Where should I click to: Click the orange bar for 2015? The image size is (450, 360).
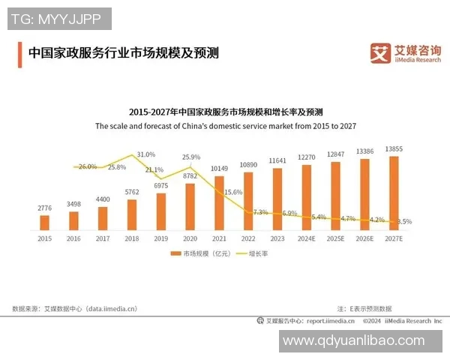click(44, 222)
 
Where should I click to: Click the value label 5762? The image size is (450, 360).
click(132, 192)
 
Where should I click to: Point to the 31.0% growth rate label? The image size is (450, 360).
click(145, 154)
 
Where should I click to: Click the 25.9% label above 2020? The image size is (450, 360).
click(191, 157)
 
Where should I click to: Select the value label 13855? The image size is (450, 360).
click(394, 149)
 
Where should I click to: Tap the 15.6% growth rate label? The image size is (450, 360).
click(233, 192)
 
